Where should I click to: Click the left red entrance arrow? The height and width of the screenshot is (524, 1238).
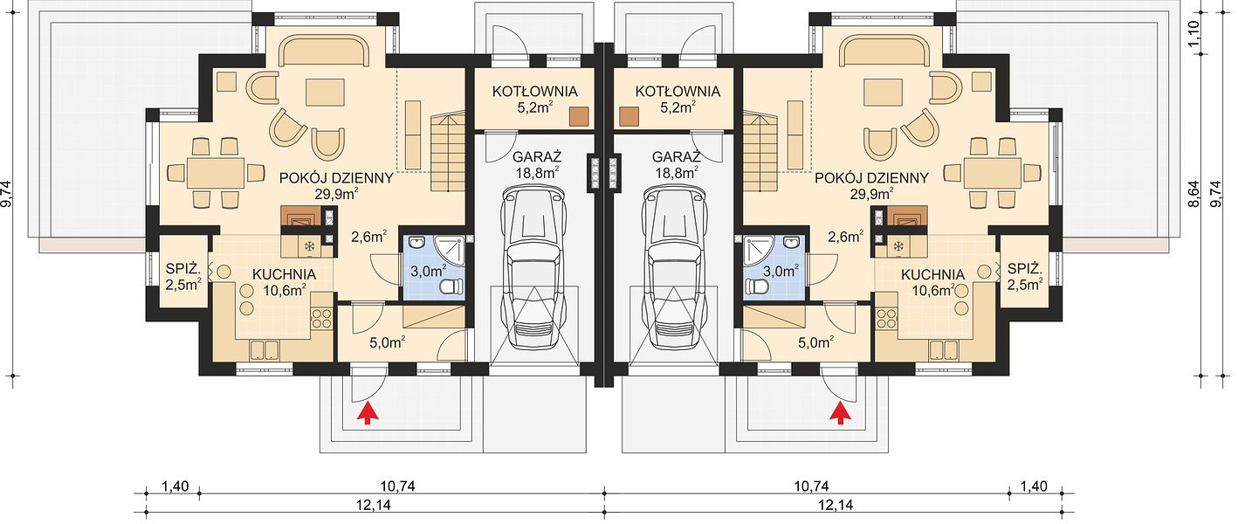coord(366,414)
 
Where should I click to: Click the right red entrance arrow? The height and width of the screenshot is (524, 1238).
coord(840,414)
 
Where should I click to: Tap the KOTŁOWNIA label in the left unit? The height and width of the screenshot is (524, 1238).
coord(534,91)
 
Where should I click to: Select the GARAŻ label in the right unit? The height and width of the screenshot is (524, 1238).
coord(676,157)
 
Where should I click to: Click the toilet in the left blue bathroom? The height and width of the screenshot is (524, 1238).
coord(452,286)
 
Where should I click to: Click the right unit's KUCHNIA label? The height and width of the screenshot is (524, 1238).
coord(932,275)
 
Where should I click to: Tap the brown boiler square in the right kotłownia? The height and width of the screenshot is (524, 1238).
coord(629,117)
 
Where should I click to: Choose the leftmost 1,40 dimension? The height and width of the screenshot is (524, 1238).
coord(175,486)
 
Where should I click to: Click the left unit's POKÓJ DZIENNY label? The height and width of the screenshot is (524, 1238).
coord(336,178)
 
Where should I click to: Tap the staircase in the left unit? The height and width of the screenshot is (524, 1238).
coord(448,151)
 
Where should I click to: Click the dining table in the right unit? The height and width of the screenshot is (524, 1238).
coord(992,173)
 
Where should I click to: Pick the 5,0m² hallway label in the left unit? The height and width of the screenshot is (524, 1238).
coord(387,342)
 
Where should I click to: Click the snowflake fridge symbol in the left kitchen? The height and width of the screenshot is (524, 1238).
coord(309,246)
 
